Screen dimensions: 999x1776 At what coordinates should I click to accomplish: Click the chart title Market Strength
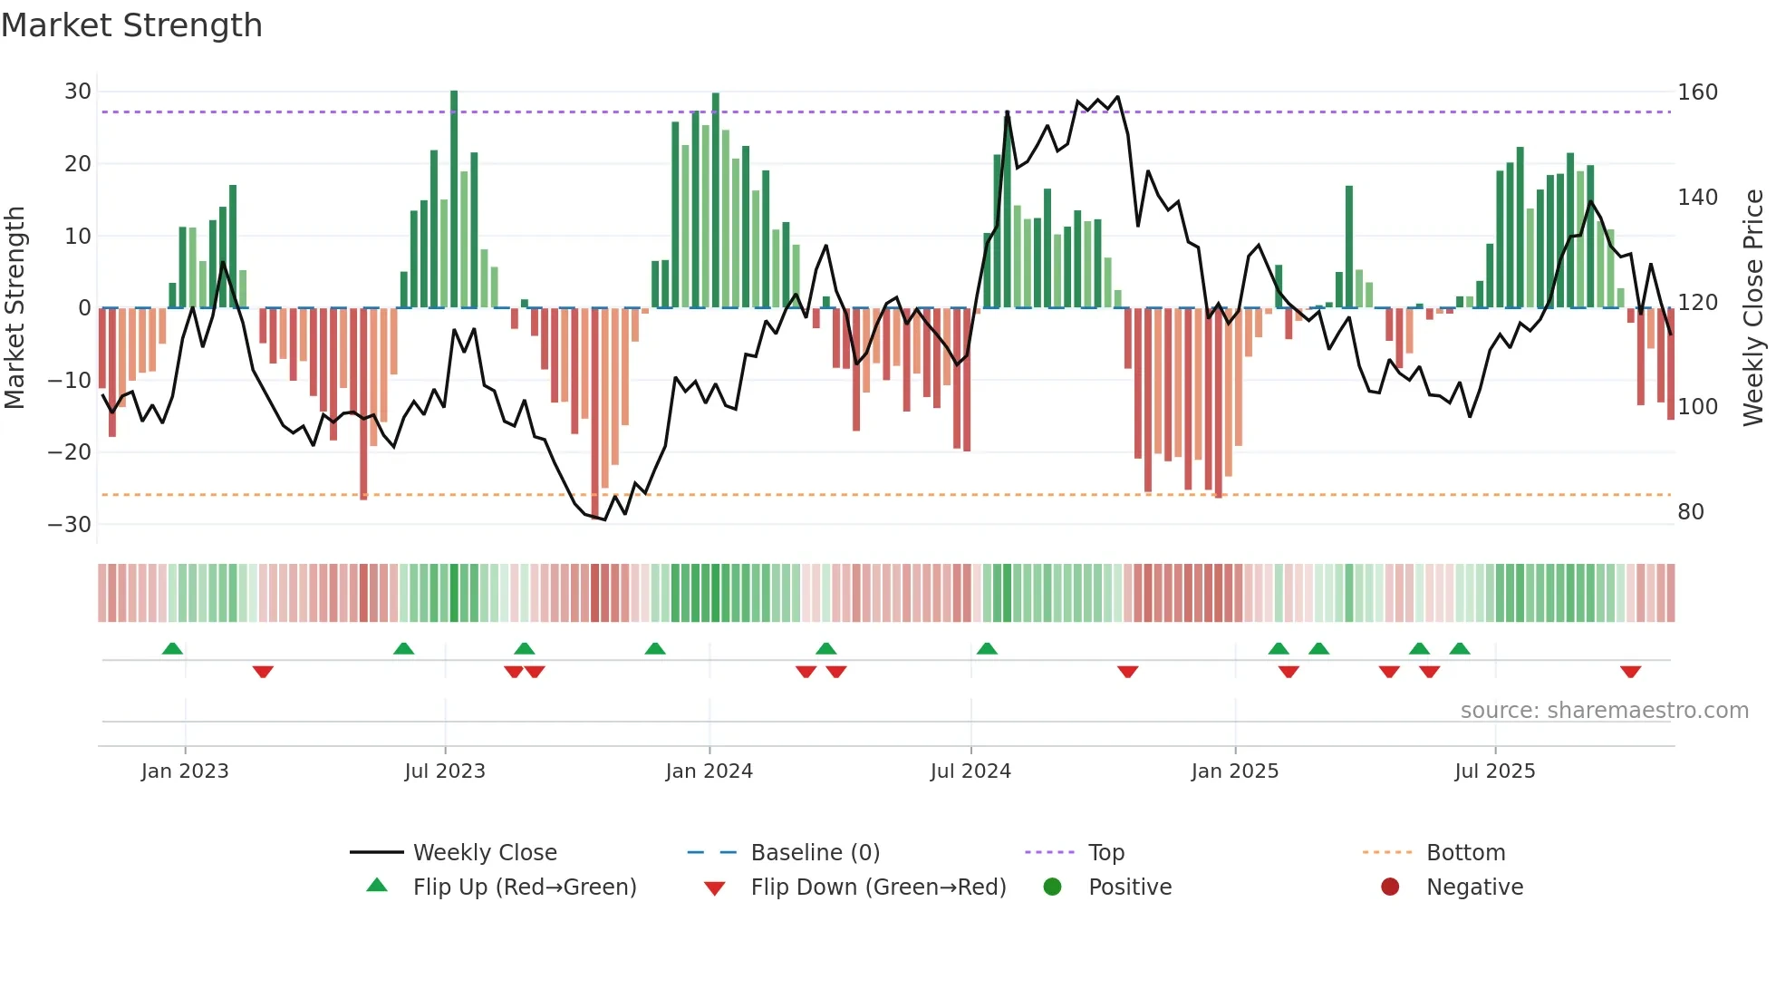click(131, 25)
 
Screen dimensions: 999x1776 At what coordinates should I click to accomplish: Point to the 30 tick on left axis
click(78, 92)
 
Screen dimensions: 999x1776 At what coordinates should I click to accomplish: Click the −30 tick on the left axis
click(70, 525)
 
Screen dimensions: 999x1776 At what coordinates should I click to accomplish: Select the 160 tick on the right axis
click(1697, 92)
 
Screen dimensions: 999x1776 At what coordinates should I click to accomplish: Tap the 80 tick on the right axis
click(1691, 512)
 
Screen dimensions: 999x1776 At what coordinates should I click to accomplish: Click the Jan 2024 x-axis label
click(709, 771)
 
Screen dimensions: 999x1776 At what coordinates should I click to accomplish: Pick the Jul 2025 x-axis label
click(1494, 771)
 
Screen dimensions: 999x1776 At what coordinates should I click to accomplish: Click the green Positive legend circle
click(1052, 887)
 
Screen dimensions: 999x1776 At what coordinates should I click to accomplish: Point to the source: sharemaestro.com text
click(1604, 711)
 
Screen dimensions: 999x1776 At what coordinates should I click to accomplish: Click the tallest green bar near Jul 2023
click(454, 199)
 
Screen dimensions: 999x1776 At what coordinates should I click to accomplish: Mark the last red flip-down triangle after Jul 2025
click(1630, 672)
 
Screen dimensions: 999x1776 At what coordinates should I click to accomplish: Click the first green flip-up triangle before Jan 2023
click(172, 648)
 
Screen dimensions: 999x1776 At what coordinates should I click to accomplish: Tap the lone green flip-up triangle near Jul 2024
click(987, 648)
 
